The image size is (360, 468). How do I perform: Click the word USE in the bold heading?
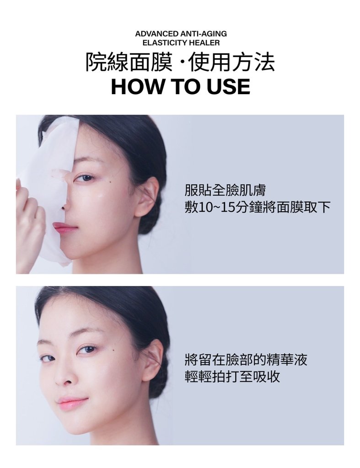228,86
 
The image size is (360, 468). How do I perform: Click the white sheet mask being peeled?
48,183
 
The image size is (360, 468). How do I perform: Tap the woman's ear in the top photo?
148,197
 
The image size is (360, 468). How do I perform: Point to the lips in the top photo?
64,227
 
